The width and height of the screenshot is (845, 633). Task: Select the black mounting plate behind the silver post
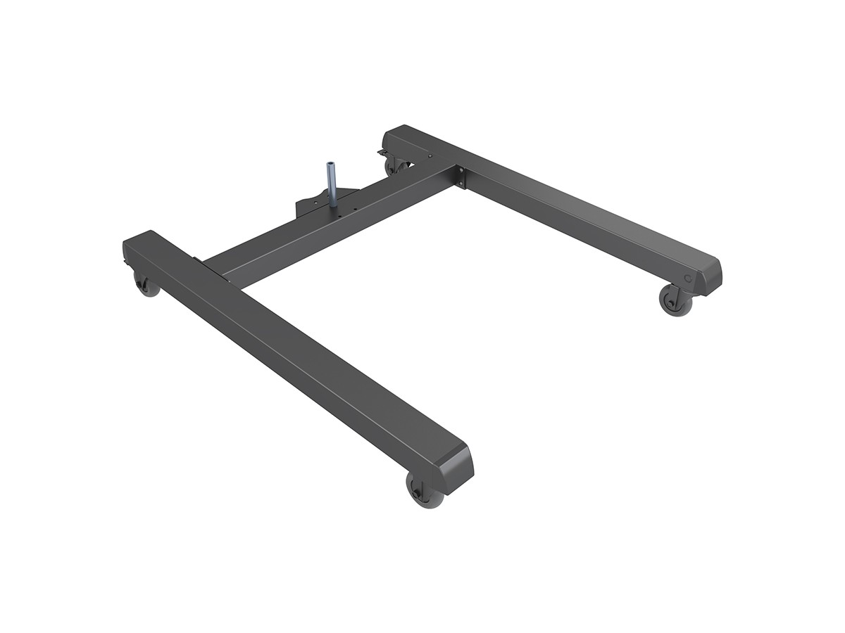point(310,205)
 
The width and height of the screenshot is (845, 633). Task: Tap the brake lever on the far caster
point(382,153)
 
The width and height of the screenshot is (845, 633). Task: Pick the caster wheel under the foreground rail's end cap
point(425,490)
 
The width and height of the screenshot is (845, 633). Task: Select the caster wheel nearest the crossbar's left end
point(147,285)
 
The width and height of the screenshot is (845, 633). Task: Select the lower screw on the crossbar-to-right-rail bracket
point(462,184)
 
